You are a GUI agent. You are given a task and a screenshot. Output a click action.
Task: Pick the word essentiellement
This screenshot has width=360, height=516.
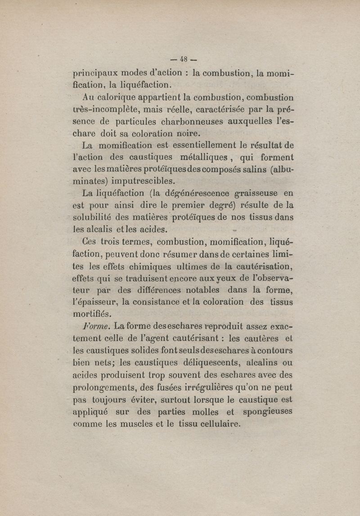click(200, 145)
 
